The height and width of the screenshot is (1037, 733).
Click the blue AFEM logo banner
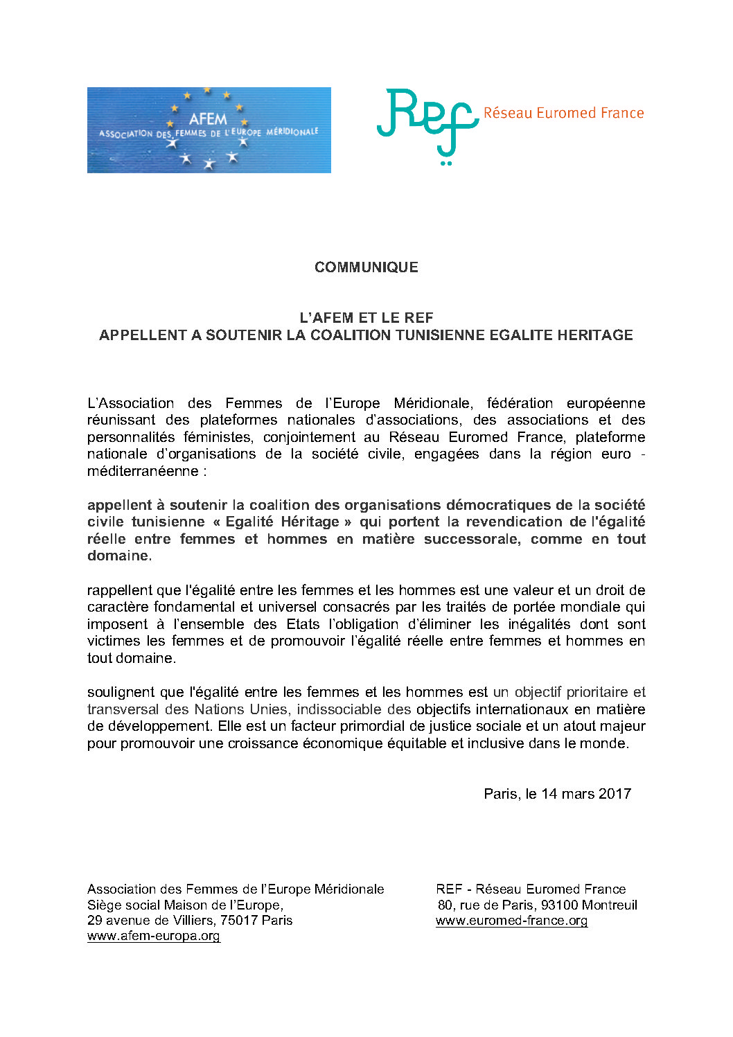pyautogui.click(x=209, y=130)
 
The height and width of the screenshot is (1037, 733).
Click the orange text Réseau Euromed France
pyautogui.click(x=563, y=113)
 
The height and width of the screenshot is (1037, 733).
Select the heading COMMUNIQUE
pyautogui.click(x=366, y=267)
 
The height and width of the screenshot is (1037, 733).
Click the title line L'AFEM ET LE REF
pyautogui.click(x=366, y=318)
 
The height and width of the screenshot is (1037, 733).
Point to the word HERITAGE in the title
pyautogui.click(x=599, y=335)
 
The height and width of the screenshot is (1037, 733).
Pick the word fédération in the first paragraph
pyautogui.click(x=520, y=403)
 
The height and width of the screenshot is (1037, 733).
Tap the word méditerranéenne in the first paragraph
pyautogui.click(x=143, y=471)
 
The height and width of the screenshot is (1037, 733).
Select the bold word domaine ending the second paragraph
pyautogui.click(x=118, y=556)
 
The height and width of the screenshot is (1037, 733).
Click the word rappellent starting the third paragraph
pyautogui.click(x=120, y=590)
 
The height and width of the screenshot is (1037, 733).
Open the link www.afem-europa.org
pyautogui.click(x=154, y=936)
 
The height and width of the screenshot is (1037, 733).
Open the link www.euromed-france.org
pyautogui.click(x=511, y=921)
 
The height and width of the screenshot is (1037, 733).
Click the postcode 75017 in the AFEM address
pyautogui.click(x=239, y=921)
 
